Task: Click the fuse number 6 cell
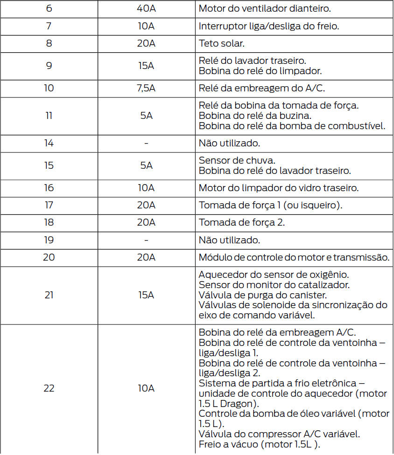pyautogui.click(x=49, y=8)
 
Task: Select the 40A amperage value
pyautogui.click(x=146, y=8)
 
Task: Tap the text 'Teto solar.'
pyautogui.click(x=221, y=43)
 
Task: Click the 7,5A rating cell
pyautogui.click(x=146, y=88)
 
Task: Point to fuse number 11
pyautogui.click(x=49, y=116)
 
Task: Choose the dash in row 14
pyautogui.click(x=146, y=143)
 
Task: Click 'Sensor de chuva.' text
pyautogui.click(x=230, y=160)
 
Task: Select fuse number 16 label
pyautogui.click(x=49, y=188)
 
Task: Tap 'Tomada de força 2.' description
pyautogui.click(x=242, y=222)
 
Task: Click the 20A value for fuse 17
pyautogui.click(x=146, y=205)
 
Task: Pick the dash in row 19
pyautogui.click(x=146, y=240)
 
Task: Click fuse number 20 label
pyautogui.click(x=49, y=257)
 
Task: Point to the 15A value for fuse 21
pyautogui.click(x=146, y=295)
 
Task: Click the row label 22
pyautogui.click(x=49, y=388)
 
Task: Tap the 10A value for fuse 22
pyautogui.click(x=146, y=388)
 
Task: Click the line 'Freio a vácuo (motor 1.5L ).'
pyautogui.click(x=259, y=444)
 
